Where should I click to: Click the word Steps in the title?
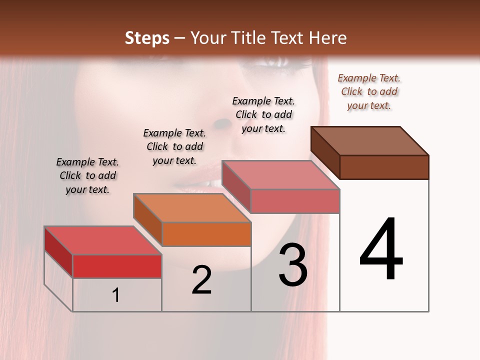(146, 38)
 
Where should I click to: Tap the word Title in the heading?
(249, 38)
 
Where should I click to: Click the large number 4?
(381, 250)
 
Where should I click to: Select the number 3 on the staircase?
(293, 265)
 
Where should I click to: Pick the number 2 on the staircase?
(201, 280)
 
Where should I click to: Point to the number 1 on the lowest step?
(115, 295)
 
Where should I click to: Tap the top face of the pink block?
(280, 175)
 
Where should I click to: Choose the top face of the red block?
(103, 240)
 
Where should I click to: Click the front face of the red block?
(117, 266)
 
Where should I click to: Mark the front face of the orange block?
(206, 234)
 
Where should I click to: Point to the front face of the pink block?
(294, 201)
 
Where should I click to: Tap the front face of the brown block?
(384, 167)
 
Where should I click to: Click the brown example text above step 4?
(369, 91)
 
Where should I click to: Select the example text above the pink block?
(263, 114)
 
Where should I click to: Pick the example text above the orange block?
(174, 146)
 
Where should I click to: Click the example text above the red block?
(87, 175)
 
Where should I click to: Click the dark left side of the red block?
(58, 251)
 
